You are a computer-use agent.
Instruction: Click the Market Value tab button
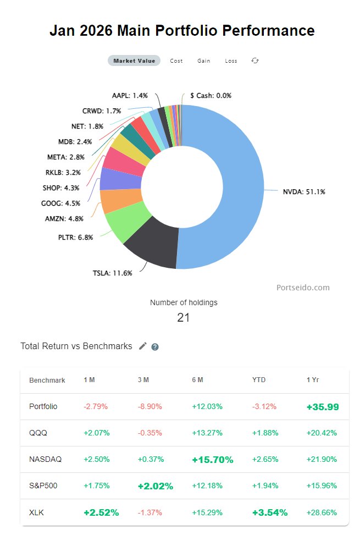134,60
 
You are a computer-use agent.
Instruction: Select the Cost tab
176,60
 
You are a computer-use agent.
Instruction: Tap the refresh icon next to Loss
255,60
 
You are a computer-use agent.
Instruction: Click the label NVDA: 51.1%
304,192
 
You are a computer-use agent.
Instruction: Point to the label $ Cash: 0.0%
211,95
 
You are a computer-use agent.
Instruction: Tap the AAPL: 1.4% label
130,95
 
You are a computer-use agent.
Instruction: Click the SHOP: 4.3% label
60,187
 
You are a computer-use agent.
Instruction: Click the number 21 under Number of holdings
184,317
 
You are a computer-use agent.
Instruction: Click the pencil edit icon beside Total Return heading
143,346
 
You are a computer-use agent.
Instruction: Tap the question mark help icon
155,346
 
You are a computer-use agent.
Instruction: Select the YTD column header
259,380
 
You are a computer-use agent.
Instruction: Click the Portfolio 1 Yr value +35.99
323,407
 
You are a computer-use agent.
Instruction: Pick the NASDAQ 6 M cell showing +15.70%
212,459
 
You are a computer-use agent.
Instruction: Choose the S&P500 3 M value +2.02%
155,486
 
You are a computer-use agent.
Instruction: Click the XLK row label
36,512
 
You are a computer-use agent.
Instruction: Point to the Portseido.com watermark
303,287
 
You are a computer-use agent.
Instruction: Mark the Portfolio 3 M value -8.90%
150,407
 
